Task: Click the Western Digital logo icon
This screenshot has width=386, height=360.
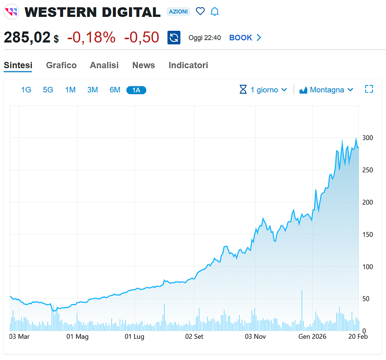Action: point(11,12)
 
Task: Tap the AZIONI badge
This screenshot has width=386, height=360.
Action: point(179,12)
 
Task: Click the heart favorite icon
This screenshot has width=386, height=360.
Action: point(200,12)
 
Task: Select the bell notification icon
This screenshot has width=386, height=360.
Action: point(215,12)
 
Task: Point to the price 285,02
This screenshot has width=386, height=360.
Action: point(27,38)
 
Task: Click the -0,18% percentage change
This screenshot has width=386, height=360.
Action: point(91,38)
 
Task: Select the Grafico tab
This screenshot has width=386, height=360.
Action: point(61,65)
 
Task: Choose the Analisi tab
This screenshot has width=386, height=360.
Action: point(104,65)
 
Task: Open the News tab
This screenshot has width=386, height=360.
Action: point(143,65)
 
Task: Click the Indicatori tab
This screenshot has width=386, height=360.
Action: point(188,65)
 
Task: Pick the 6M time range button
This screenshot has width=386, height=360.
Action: point(115,90)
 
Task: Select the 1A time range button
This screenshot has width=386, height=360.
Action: point(136,90)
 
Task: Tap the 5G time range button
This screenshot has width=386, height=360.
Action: point(48,90)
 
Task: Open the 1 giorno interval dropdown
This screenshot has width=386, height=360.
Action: point(263,90)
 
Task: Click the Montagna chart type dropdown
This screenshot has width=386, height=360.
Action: point(327,90)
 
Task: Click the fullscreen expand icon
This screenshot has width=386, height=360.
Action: point(369,89)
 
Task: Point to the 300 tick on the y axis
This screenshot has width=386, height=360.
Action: point(368,138)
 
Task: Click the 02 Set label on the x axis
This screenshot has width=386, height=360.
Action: point(194,336)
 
